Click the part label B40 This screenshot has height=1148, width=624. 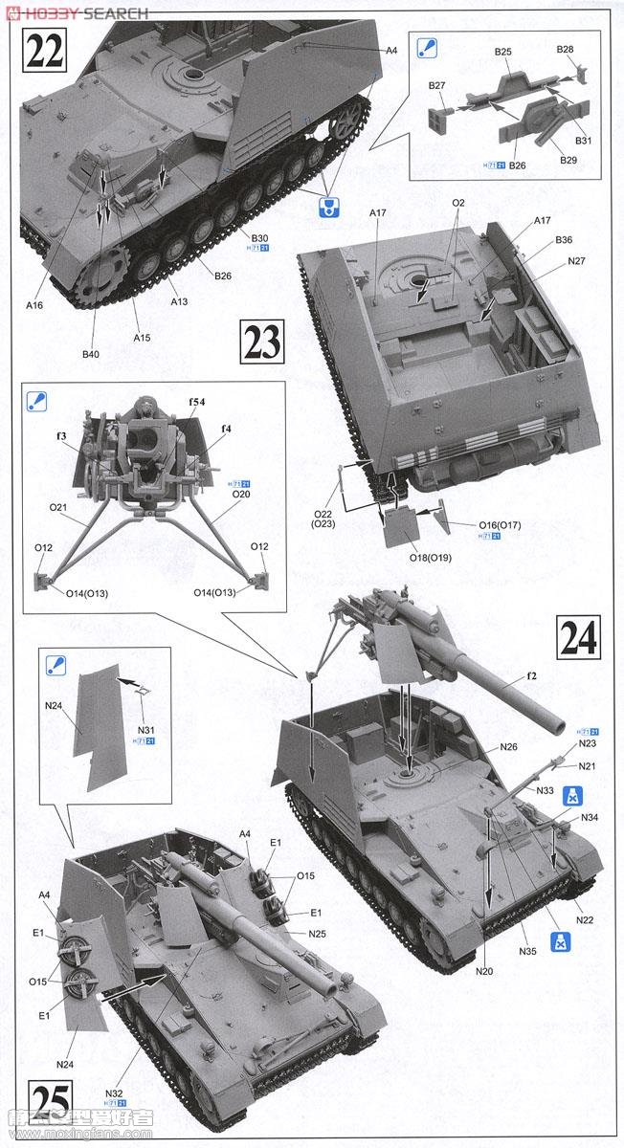pyautogui.click(x=90, y=354)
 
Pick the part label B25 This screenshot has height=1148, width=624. pyautogui.click(x=503, y=51)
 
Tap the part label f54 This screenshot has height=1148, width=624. pyautogui.click(x=195, y=402)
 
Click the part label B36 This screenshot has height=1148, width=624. pyautogui.click(x=564, y=240)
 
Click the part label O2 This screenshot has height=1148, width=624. pyautogui.click(x=458, y=203)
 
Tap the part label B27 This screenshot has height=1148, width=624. pyautogui.click(x=437, y=85)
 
